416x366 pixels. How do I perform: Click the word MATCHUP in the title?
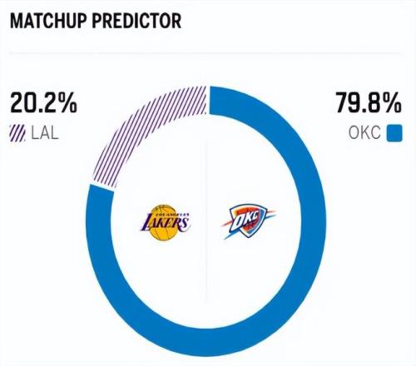(x=48, y=21)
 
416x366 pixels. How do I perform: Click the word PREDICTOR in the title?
(x=136, y=21)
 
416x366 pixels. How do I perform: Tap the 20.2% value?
(x=43, y=102)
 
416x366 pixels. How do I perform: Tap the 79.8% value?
(x=369, y=102)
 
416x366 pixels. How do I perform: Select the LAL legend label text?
(x=45, y=132)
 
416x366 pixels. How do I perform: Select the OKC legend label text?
(x=364, y=132)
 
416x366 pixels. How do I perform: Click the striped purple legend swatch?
(x=17, y=133)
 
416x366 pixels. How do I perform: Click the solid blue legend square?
(x=394, y=133)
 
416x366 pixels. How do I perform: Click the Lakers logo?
(x=165, y=222)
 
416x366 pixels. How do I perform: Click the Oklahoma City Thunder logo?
(x=248, y=221)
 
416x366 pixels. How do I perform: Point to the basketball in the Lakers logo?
(x=164, y=223)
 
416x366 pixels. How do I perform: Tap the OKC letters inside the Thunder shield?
(x=246, y=219)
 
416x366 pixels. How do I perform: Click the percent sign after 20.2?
(x=68, y=102)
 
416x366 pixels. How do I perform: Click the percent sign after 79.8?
(x=393, y=102)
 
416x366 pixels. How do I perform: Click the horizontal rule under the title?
(x=206, y=52)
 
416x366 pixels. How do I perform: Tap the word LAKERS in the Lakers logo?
(x=166, y=223)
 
